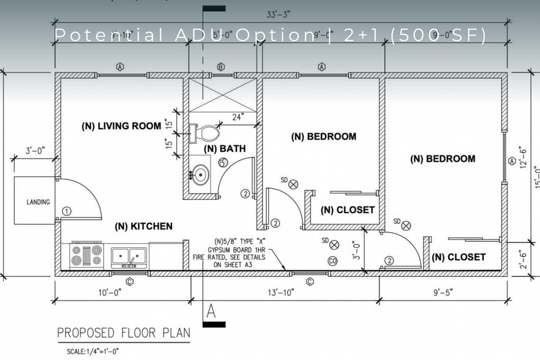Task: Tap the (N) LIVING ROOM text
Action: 121,126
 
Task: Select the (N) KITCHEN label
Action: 143,226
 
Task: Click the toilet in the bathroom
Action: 208,132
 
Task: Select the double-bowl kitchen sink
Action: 129,255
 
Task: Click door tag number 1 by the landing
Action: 67,211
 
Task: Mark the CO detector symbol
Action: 333,260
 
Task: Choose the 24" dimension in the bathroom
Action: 237,116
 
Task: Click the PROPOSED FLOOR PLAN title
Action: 123,334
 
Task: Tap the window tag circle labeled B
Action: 221,67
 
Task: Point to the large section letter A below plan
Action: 211,310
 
